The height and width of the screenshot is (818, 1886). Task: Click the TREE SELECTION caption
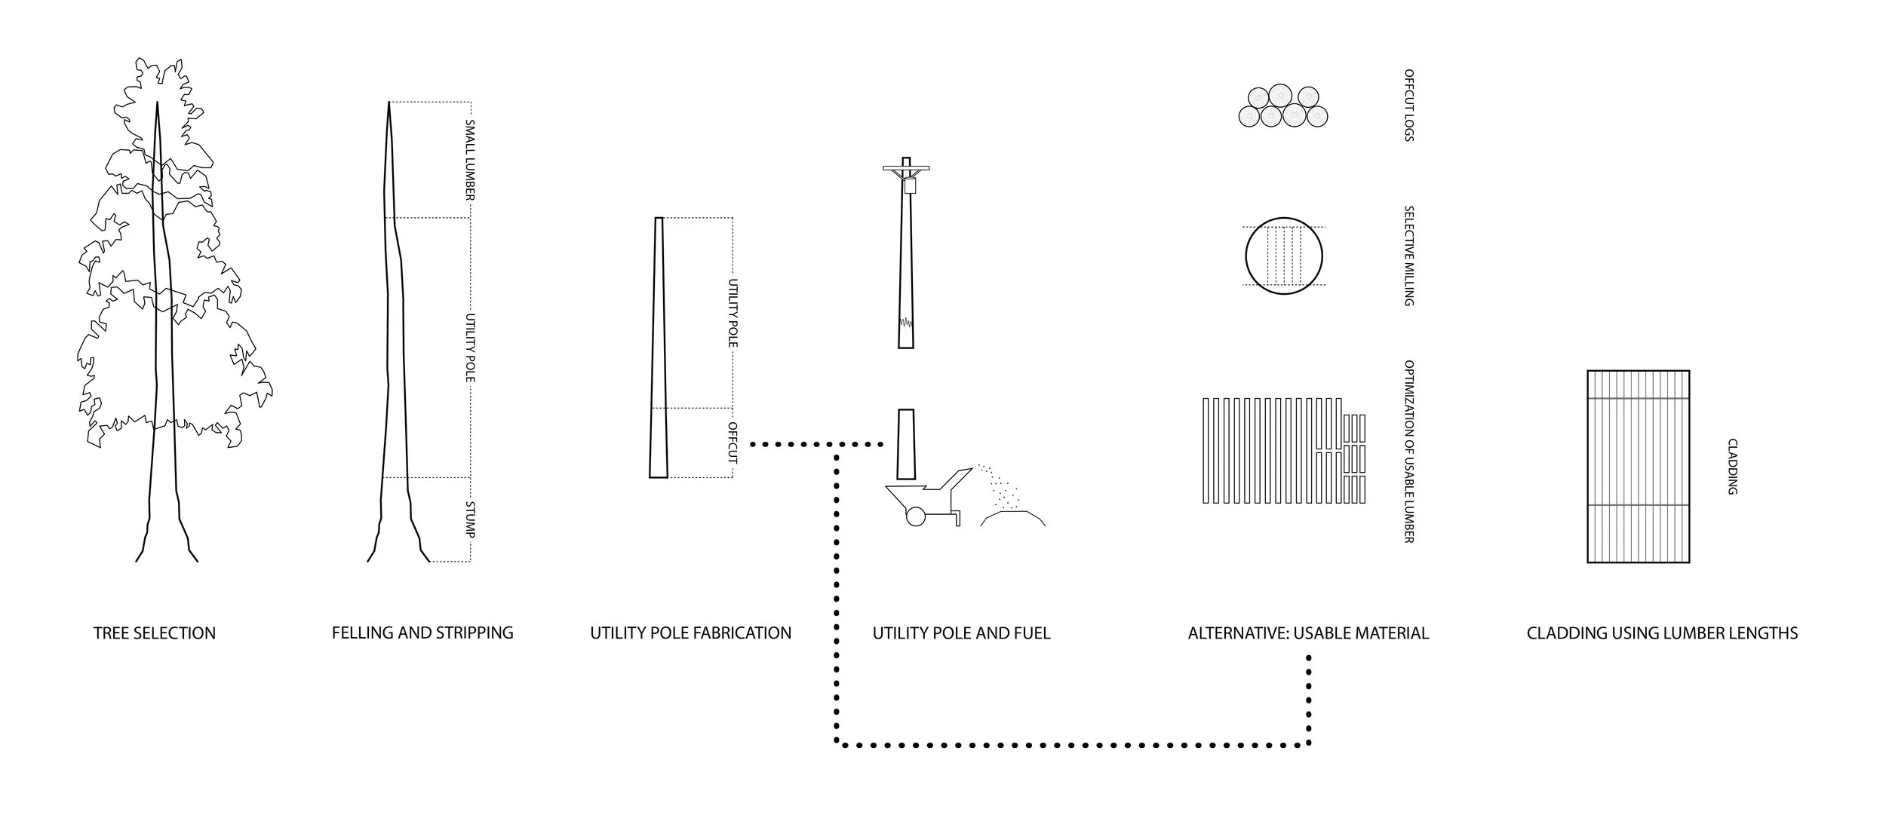coord(155,633)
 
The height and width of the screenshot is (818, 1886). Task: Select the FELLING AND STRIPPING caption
coord(422,633)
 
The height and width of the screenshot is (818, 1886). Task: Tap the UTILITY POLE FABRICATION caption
coord(690,633)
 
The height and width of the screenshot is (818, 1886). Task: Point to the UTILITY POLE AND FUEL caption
coord(961,633)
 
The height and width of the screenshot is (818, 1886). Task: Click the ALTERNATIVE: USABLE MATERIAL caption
coord(1308,633)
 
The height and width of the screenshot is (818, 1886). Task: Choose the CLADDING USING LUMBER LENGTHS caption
coord(1662,633)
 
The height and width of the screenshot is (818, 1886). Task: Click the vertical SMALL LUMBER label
coord(469,159)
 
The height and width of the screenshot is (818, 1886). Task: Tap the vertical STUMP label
coord(469,519)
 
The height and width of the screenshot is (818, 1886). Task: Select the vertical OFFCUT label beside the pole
coord(732,442)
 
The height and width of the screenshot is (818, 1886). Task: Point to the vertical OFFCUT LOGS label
coord(1408,106)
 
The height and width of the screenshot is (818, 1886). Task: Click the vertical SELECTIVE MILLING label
coord(1408,256)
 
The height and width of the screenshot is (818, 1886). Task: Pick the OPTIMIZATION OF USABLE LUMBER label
coord(1408,451)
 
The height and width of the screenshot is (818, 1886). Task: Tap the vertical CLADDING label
coord(1732,467)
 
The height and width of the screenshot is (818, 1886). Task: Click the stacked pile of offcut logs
coord(1282,106)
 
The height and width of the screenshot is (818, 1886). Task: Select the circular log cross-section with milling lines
coord(1283,256)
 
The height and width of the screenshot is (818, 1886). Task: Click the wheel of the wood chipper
coord(915,516)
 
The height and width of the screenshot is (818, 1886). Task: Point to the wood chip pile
coord(1013,517)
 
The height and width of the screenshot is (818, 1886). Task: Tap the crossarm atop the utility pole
coord(906,167)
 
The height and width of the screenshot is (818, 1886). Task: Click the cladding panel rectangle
coord(1638,466)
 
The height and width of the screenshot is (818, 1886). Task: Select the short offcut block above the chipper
coord(905,444)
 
